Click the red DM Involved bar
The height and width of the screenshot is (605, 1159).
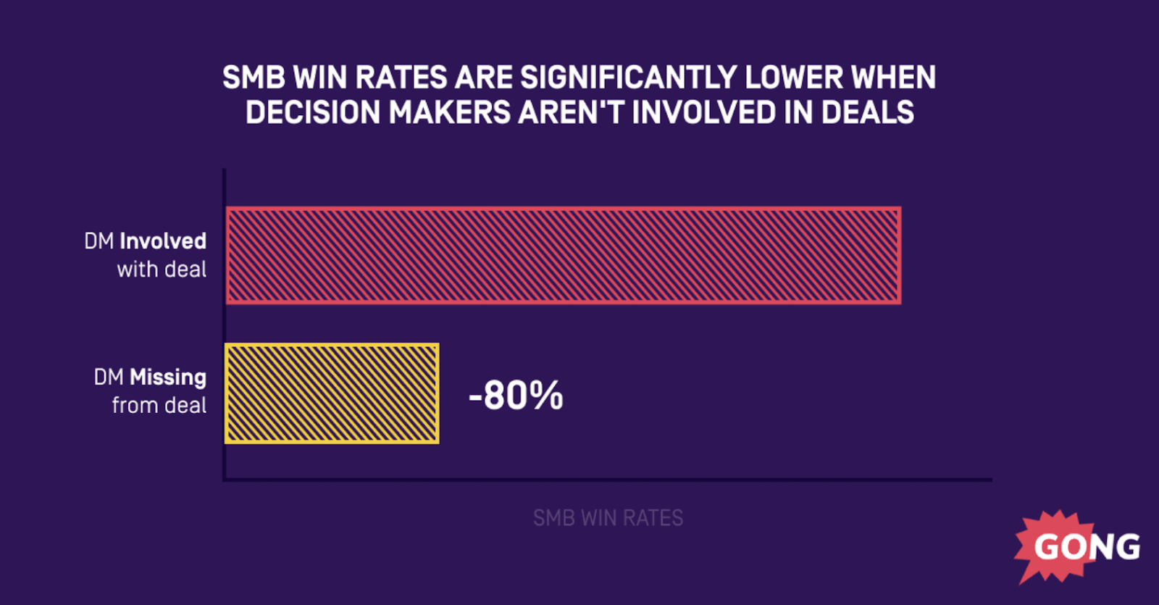click(563, 255)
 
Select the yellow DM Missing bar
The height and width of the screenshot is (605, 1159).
click(332, 393)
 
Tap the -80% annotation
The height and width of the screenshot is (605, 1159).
click(516, 396)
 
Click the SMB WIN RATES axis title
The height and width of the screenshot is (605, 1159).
click(608, 518)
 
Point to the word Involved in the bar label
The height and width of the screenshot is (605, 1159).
click(163, 241)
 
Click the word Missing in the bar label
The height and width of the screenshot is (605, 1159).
click(168, 377)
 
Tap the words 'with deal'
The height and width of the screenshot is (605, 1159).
click(162, 270)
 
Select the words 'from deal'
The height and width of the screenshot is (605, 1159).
click(159, 405)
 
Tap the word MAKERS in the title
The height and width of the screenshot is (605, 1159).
click(449, 113)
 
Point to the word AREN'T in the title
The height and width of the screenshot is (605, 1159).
click(572, 113)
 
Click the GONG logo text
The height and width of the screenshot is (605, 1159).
click(1087, 547)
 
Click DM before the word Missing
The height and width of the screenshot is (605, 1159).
click(109, 377)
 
